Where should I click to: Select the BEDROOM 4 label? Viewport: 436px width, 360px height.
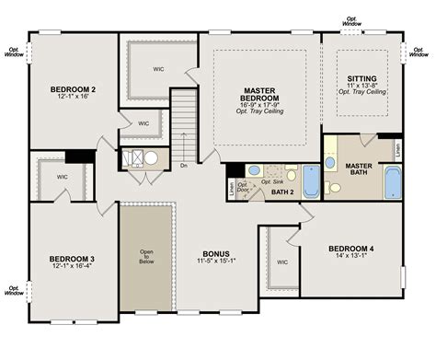pos(351,250)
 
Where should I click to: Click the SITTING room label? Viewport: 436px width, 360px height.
pos(361,79)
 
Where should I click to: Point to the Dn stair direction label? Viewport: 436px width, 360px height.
pos(184,166)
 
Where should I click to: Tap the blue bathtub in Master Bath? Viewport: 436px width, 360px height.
pos(393,182)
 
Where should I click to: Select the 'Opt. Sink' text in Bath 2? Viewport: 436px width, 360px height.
pos(273,181)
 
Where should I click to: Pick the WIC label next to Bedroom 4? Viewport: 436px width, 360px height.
pos(282,261)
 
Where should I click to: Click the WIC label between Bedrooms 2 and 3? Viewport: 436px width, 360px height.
pos(63,176)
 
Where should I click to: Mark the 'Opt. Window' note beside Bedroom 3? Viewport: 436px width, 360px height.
pos(14,291)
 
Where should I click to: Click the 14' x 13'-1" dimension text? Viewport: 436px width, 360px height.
pos(351,258)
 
